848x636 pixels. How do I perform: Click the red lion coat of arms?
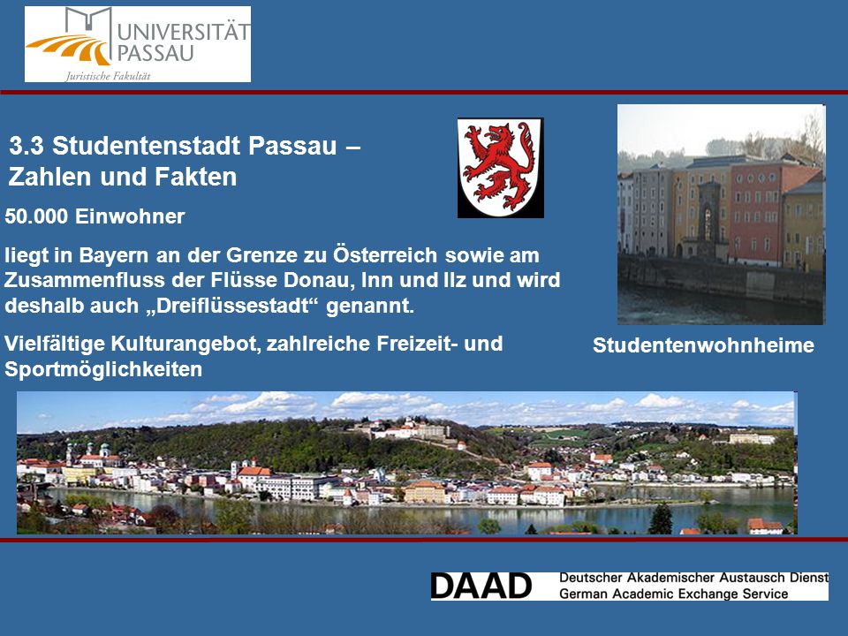click(500, 168)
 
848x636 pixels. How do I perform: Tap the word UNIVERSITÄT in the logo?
click(184, 32)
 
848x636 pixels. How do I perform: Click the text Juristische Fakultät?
click(108, 76)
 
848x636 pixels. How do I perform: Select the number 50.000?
click(36, 216)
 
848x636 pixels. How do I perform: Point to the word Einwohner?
click(130, 216)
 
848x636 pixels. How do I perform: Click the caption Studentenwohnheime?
click(703, 345)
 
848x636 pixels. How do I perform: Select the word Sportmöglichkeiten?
click(103, 369)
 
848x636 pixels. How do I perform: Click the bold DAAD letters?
click(481, 587)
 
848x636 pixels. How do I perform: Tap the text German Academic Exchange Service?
click(673, 594)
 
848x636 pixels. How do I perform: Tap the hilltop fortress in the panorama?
click(411, 430)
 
